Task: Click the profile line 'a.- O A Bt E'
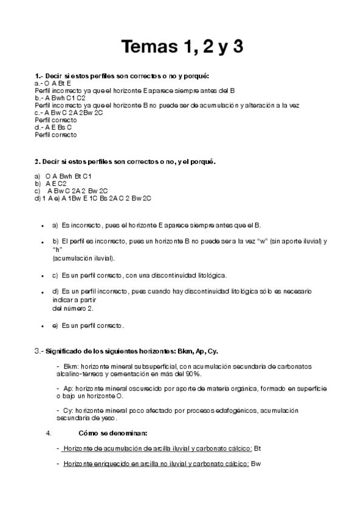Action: pos(53,83)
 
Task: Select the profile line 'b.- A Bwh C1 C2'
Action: pos(60,97)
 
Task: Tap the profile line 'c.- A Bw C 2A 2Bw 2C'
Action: pos(69,112)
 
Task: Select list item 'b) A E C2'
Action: pos(51,183)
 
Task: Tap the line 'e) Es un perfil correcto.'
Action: pos(88,326)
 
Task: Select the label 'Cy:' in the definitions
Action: pos(67,411)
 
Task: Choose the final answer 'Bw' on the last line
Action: pos(256,464)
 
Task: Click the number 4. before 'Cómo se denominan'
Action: pos(49,433)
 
